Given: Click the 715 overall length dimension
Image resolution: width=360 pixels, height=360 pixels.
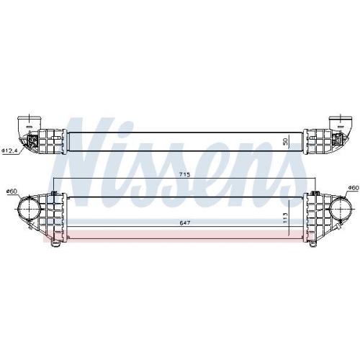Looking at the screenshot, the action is (184, 174).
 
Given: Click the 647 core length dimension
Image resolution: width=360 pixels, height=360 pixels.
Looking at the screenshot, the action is (185, 223).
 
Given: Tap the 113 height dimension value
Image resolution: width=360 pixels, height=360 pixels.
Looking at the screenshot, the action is (285, 218).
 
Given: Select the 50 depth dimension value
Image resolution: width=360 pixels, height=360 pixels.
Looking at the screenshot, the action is (285, 142).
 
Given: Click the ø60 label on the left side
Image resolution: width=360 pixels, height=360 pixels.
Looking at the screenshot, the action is (12, 191).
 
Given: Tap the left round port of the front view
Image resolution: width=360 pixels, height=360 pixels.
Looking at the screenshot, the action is (29, 209).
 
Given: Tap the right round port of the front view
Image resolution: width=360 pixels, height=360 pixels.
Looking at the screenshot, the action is (341, 209).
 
